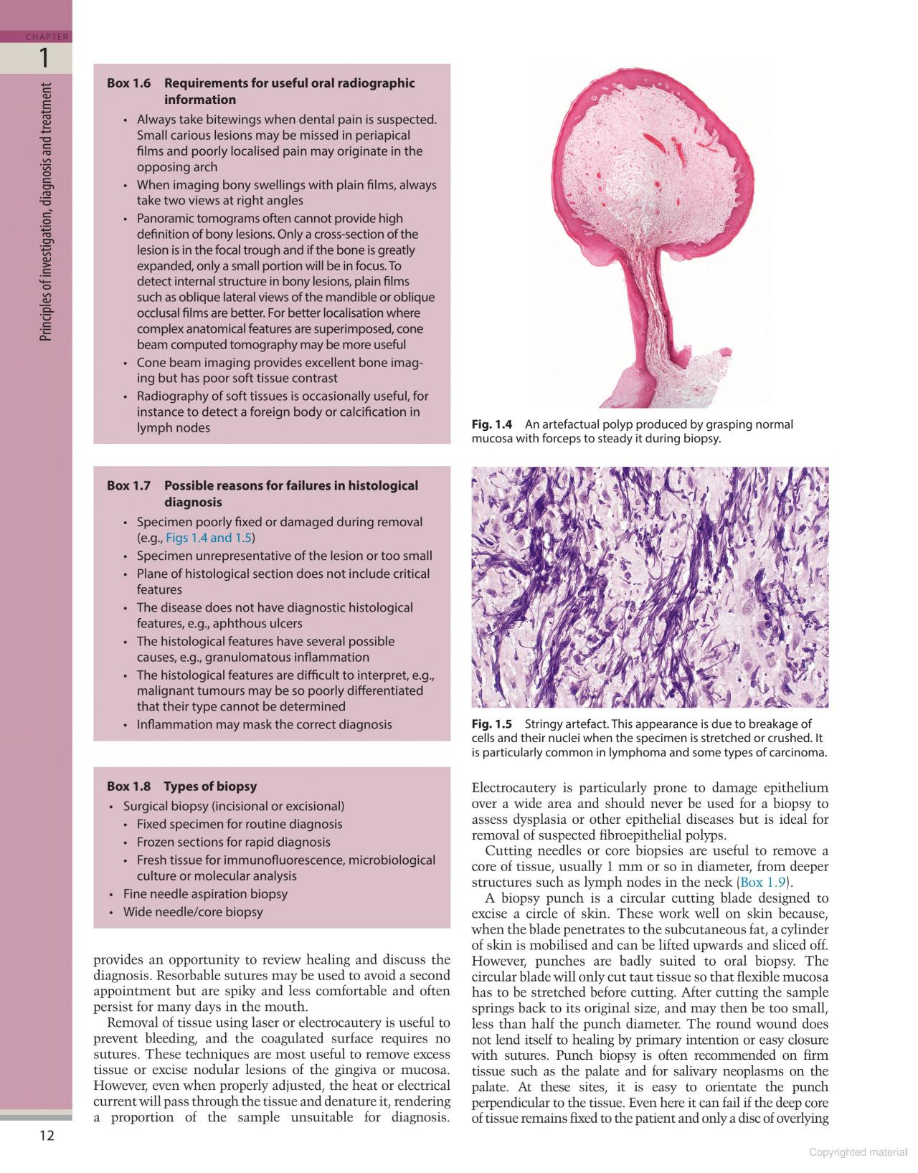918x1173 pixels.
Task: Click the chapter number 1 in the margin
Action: tap(44, 57)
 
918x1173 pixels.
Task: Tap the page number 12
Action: tap(47, 1135)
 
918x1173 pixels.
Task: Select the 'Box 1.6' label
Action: tap(128, 83)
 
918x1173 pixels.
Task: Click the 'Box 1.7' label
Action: tap(128, 485)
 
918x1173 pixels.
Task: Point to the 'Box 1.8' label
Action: tap(128, 787)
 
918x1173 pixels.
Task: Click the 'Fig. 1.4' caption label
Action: tap(491, 424)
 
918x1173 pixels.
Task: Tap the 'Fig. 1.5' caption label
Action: tap(491, 724)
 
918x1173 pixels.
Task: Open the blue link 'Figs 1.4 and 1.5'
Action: tap(209, 538)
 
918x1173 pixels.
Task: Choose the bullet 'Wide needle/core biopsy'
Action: tap(193, 912)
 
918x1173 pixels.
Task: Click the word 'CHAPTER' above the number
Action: tap(47, 37)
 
